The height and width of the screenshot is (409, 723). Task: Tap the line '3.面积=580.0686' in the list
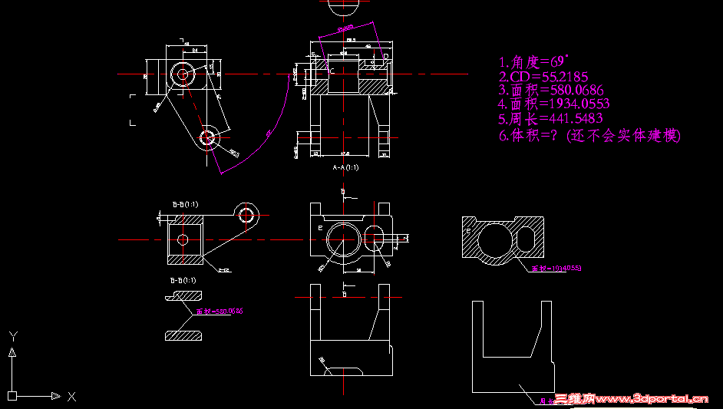tap(550, 90)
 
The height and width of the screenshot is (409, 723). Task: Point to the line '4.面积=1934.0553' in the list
tap(553, 104)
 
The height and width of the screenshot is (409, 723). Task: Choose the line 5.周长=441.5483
tap(550, 119)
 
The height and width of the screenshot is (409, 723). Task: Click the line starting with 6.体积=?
tap(589, 135)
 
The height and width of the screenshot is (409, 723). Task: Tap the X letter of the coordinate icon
tap(71, 397)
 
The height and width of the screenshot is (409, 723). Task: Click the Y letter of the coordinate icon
tap(13, 336)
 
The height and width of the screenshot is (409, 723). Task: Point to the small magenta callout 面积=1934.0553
tap(556, 269)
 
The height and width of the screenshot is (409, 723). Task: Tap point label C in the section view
tap(332, 71)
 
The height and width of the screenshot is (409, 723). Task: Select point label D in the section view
tap(385, 56)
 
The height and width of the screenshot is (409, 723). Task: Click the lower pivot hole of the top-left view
tap(207, 137)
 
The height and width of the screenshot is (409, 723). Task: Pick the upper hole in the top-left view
tap(183, 74)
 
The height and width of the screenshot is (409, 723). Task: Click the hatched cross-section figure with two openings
tap(503, 239)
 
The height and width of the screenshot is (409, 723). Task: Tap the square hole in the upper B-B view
tap(183, 239)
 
